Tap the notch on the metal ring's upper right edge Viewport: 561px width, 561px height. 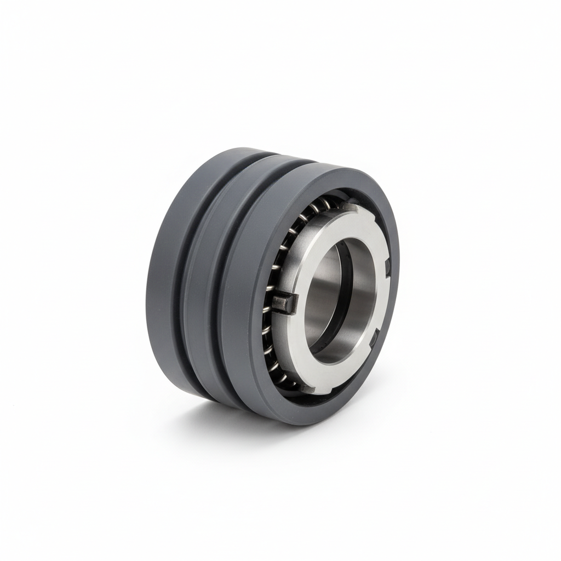click(387, 267)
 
